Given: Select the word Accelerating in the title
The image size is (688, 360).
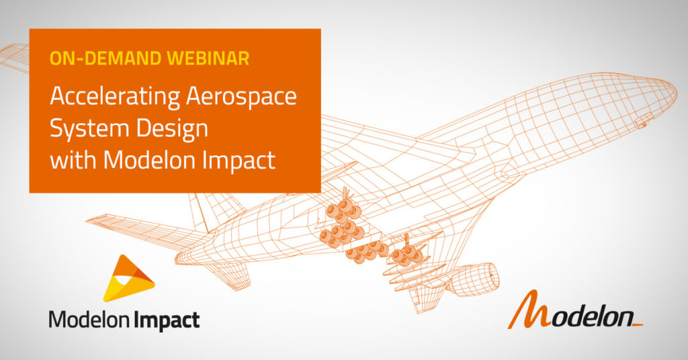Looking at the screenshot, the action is [115, 97].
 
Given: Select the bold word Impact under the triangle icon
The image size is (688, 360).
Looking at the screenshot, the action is [166, 320].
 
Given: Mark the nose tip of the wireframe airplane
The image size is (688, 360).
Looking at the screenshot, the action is [676, 93].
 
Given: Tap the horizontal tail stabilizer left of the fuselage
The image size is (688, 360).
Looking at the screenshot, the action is [136, 231].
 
